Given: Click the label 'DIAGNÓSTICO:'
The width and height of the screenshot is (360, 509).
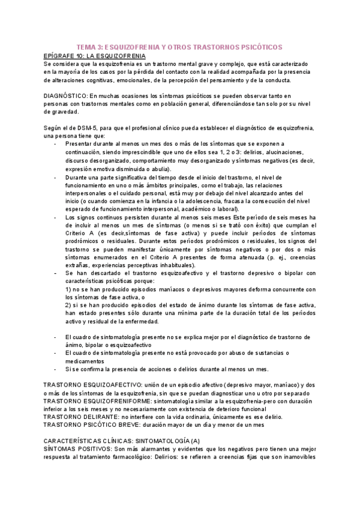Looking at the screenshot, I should (67, 95).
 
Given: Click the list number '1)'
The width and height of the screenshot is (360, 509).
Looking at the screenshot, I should (68, 289).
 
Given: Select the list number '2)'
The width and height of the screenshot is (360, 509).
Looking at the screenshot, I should (68, 305).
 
